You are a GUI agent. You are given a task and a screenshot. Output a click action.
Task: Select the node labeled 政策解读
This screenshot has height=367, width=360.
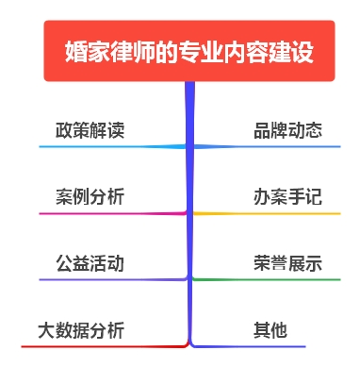[x=90, y=130]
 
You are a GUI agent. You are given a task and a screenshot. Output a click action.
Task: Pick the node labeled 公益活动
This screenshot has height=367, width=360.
[x=90, y=263]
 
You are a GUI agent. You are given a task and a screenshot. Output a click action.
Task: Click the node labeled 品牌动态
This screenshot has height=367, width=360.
[x=288, y=130]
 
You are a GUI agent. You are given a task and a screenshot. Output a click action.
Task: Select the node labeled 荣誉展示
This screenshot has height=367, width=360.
[x=288, y=263]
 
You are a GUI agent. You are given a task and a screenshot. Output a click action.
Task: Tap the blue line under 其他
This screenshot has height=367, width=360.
[x=264, y=346]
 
